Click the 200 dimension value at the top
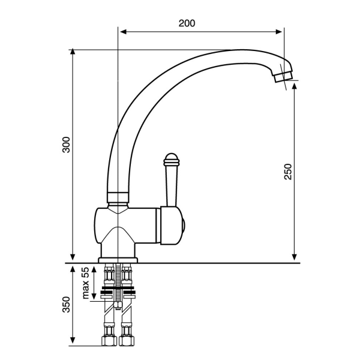(x=187, y=23)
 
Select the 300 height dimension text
(x=67, y=145)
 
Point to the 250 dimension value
(x=287, y=172)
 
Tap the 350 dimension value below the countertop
(x=67, y=304)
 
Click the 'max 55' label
(x=85, y=283)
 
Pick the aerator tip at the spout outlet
(x=284, y=76)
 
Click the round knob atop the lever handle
(x=171, y=160)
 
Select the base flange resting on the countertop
(x=118, y=260)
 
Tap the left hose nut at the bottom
(x=109, y=341)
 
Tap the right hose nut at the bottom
(x=127, y=341)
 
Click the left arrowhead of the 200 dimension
(x=123, y=32)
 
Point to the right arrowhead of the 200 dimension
(x=278, y=32)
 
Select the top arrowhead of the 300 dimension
(x=73, y=52)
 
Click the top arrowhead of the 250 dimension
(x=295, y=86)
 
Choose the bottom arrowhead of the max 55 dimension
(x=94, y=296)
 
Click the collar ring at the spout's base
(x=118, y=197)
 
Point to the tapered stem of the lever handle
(x=172, y=186)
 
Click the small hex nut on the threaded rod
(x=118, y=305)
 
